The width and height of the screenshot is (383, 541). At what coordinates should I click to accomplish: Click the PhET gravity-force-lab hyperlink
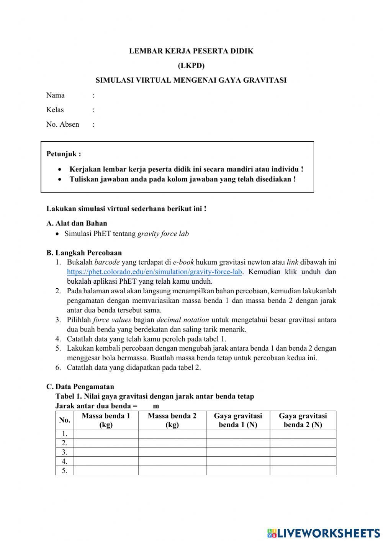point(154,272)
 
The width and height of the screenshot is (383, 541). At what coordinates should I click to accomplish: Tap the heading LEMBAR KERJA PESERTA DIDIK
point(191,51)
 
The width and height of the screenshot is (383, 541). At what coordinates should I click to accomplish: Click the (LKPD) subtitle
point(191,65)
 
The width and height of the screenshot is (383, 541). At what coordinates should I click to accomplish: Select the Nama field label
point(56,95)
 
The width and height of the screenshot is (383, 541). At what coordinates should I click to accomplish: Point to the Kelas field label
point(55,110)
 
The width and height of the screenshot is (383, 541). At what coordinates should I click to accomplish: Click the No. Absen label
point(63,124)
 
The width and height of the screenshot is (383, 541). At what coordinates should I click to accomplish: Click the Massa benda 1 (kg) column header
point(106,420)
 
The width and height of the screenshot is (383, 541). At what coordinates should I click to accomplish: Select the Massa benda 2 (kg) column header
point(172,420)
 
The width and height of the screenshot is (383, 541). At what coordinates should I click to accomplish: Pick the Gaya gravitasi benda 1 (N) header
point(238,420)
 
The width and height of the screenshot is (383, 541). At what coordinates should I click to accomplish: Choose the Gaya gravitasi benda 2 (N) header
point(303,420)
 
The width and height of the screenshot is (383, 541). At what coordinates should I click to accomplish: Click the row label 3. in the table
point(65,452)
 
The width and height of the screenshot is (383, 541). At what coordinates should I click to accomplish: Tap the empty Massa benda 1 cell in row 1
point(106,434)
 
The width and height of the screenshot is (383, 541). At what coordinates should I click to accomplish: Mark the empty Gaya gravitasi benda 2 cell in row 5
point(303,471)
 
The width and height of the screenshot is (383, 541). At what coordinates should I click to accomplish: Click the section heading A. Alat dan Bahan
point(77,224)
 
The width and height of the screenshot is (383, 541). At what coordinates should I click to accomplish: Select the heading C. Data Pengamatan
point(80,387)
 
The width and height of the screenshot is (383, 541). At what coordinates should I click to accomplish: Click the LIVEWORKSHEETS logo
point(324,533)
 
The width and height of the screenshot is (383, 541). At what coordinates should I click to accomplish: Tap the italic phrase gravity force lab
point(163,234)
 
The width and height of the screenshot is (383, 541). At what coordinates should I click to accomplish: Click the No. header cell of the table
point(65,420)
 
